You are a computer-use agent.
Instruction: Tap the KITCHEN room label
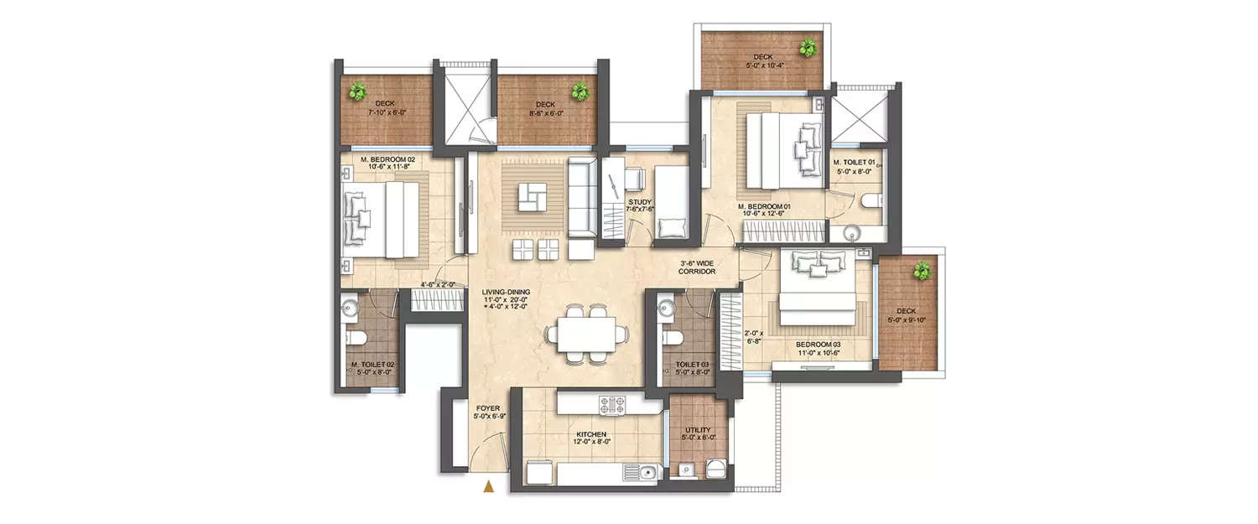tap(591, 434)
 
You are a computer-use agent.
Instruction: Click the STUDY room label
tap(641, 202)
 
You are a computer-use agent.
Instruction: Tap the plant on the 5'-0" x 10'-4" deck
tap(808, 48)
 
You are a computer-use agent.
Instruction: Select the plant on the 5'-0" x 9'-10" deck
tap(922, 270)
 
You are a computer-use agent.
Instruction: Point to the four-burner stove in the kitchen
tap(612, 404)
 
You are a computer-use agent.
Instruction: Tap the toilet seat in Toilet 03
tap(671, 337)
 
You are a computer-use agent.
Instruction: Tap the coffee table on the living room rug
tap(529, 197)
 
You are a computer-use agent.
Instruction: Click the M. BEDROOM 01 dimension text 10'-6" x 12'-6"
tap(764, 213)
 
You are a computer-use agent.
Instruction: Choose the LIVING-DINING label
tap(506, 292)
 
